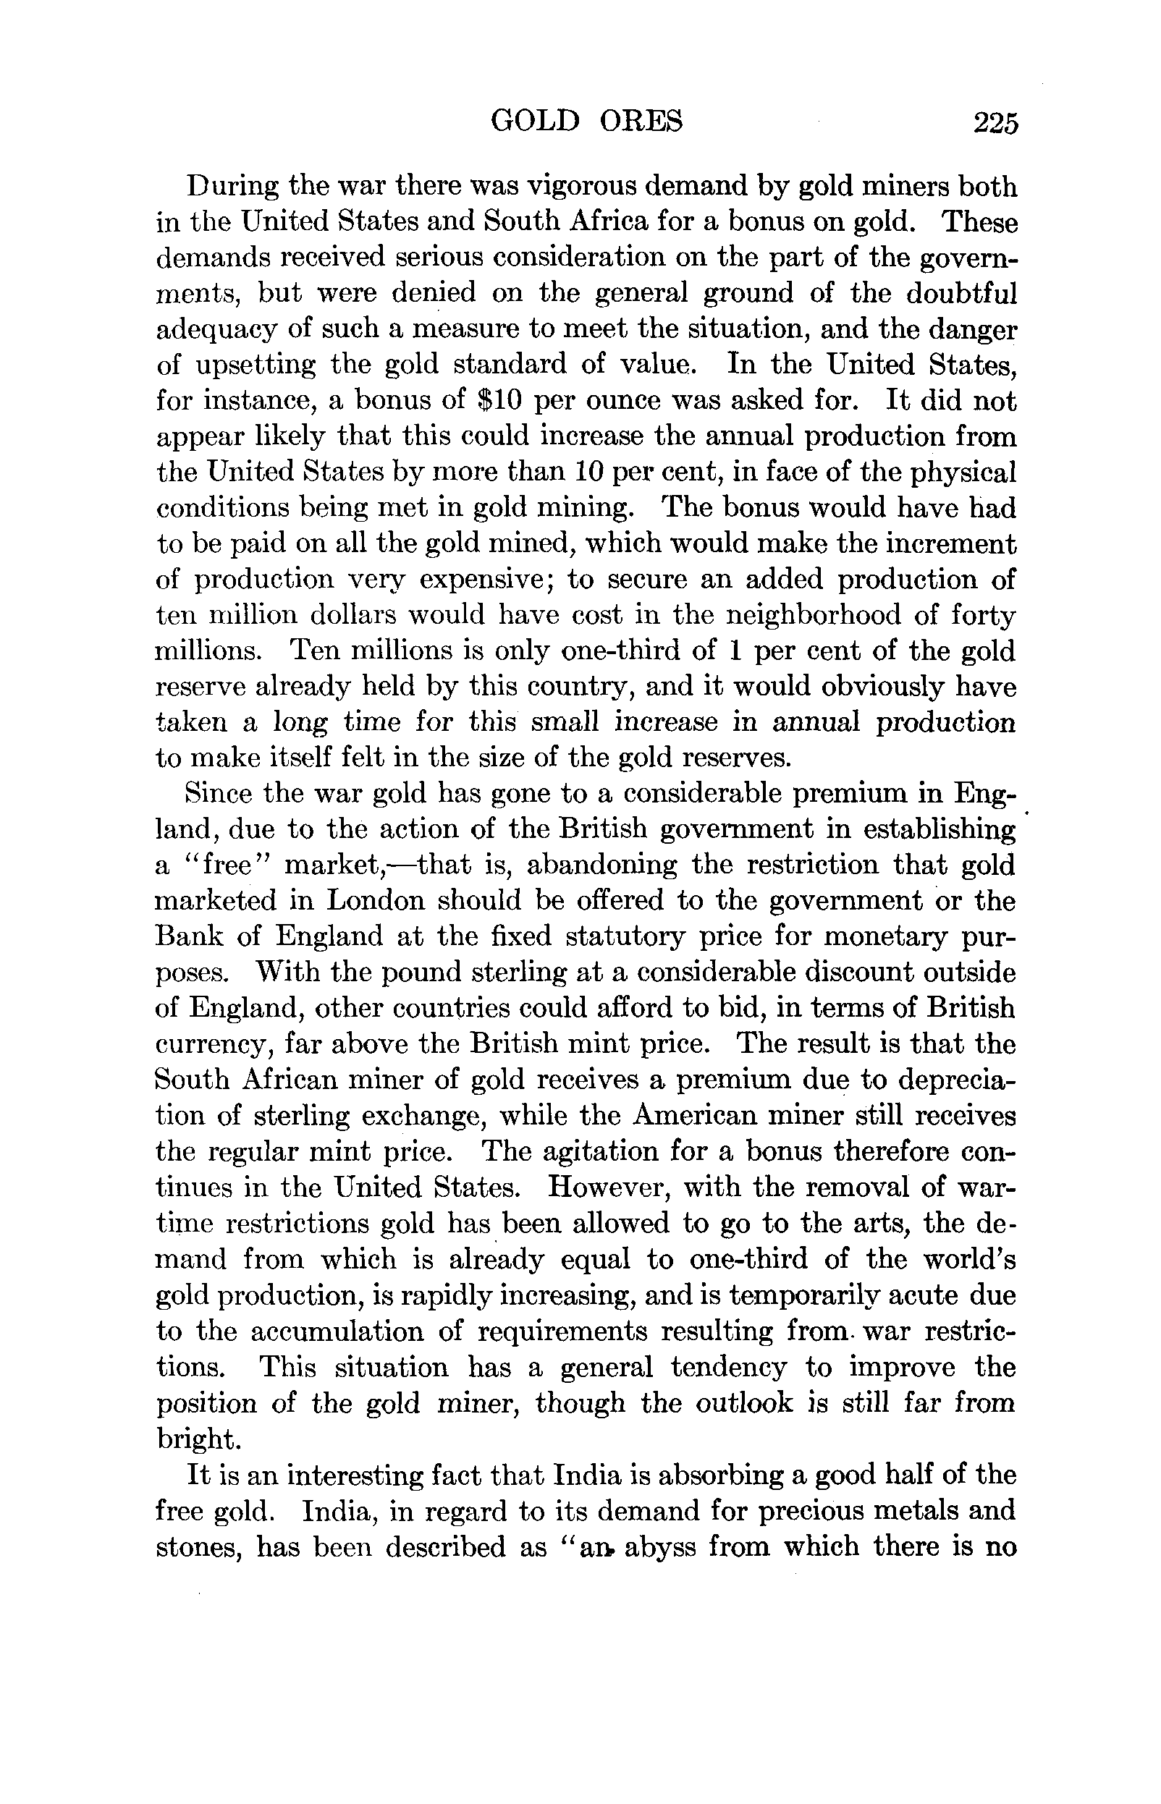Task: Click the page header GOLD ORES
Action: click(x=586, y=121)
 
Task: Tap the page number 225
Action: click(x=995, y=122)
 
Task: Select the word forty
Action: click(x=984, y=616)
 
